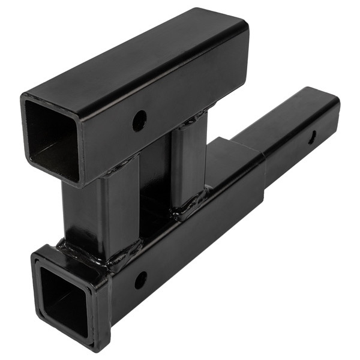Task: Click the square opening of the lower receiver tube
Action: pyautogui.click(x=62, y=298)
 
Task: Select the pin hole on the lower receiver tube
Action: pyautogui.click(x=140, y=280)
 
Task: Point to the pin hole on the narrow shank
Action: pyautogui.click(x=312, y=137)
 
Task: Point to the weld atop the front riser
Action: pyautogui.click(x=120, y=163)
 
